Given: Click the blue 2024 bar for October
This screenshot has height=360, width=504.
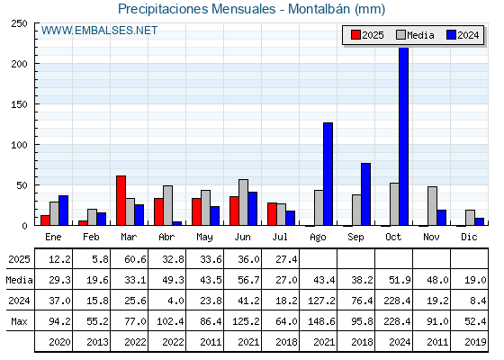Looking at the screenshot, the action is pyautogui.click(x=403, y=137).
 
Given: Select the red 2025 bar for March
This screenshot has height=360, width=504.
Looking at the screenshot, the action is pyautogui.click(x=121, y=201).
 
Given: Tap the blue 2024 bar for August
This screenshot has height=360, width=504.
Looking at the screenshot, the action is pyautogui.click(x=328, y=174).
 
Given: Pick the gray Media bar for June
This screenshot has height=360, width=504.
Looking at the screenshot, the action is pyautogui.click(x=243, y=202).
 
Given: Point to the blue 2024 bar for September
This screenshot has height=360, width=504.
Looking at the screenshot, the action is pyautogui.click(x=365, y=194).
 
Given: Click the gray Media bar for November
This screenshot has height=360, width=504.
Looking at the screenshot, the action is pyautogui.click(x=432, y=206).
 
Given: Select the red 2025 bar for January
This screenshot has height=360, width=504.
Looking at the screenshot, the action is pyautogui.click(x=45, y=220).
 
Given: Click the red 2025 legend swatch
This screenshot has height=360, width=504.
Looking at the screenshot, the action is pyautogui.click(x=355, y=35).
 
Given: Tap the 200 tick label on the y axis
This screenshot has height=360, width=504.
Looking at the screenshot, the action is pyautogui.click(x=19, y=64).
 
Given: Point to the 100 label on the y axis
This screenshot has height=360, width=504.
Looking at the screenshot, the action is pyautogui.click(x=19, y=145).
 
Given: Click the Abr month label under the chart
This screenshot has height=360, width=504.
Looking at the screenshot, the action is pyautogui.click(x=166, y=238).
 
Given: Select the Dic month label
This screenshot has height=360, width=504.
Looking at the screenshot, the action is pyautogui.click(x=469, y=238).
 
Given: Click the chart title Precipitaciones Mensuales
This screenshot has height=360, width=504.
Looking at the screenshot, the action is pyautogui.click(x=197, y=9).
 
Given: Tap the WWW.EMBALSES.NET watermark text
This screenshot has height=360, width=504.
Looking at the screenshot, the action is pyautogui.click(x=99, y=31).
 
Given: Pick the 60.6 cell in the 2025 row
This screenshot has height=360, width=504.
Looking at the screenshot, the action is pyautogui.click(x=135, y=259).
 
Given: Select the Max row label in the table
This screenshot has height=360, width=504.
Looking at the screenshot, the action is pyautogui.click(x=19, y=321).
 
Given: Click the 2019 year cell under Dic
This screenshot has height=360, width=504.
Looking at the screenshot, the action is pyautogui.click(x=475, y=342).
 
